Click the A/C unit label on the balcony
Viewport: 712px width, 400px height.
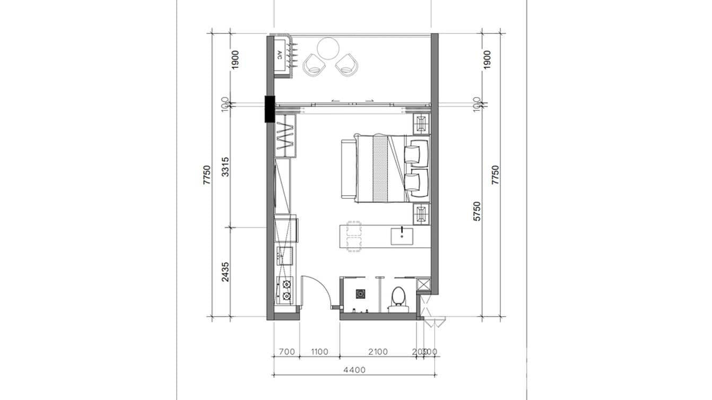point(280,54)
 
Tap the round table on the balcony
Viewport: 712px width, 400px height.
point(328,49)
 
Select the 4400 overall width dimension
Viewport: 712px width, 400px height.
point(354,370)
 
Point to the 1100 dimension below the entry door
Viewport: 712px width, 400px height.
point(319,352)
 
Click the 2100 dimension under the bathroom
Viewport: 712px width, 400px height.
point(377,352)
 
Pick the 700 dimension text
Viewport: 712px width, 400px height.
point(286,352)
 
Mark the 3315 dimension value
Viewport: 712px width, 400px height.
point(225,167)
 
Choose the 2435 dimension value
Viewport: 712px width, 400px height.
point(225,271)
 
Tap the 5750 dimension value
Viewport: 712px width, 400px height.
point(477,211)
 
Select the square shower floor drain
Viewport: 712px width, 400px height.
point(360,293)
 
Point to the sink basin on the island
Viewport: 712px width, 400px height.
point(403,236)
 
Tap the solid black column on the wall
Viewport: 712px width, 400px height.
point(270,108)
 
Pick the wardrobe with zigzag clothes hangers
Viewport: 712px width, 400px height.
point(285,136)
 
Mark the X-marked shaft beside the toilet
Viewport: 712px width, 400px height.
point(423,284)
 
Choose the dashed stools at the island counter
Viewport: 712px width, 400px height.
point(353,236)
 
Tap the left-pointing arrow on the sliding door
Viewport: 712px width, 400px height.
point(335,100)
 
